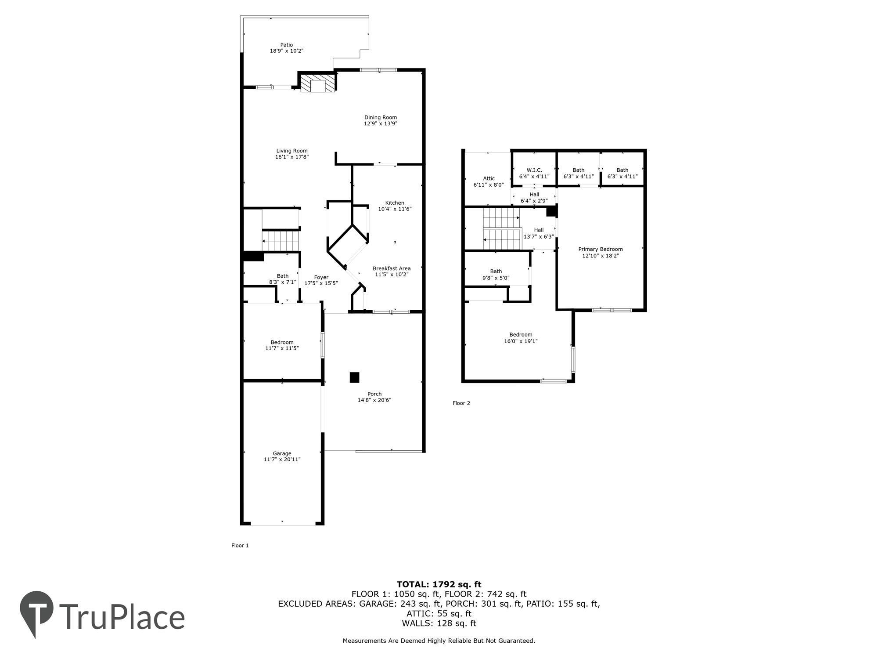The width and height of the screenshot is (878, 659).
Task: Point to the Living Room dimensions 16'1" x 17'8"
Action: pyautogui.click(x=292, y=157)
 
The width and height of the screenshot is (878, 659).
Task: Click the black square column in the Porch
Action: pyautogui.click(x=354, y=377)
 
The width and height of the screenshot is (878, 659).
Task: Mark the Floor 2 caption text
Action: pyautogui.click(x=461, y=403)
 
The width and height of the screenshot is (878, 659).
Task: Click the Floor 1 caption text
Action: pyautogui.click(x=240, y=545)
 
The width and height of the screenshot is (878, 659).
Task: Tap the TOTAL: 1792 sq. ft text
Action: pyautogui.click(x=439, y=584)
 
